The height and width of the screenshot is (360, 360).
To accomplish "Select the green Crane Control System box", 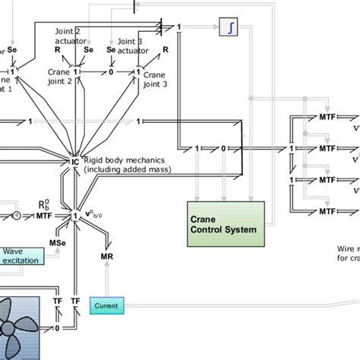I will [226, 223].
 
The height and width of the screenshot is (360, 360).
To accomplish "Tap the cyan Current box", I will [106, 305].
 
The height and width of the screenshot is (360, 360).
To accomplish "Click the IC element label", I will [75, 162].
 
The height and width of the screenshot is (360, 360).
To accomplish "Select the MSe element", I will [56, 243].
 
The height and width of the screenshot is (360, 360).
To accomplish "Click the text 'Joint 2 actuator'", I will [67, 35].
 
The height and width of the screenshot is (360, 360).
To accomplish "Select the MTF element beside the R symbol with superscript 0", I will [45, 216].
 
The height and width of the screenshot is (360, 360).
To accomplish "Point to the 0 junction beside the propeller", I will [57, 329].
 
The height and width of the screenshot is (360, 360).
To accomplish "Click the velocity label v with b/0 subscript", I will [97, 214].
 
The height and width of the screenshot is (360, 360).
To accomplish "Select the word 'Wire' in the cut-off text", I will [345, 248].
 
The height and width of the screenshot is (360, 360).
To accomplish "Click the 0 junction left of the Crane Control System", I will [223, 149].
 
